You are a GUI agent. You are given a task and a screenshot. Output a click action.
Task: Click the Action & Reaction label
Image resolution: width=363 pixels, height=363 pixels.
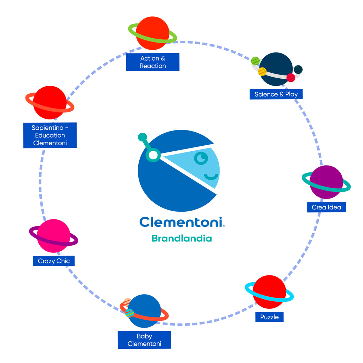pyautogui.click(x=152, y=62)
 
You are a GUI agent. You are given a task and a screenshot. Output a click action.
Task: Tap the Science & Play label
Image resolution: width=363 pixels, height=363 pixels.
pyautogui.click(x=276, y=94)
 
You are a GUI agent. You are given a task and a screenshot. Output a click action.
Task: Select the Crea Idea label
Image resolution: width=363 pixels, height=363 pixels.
pyautogui.click(x=326, y=207)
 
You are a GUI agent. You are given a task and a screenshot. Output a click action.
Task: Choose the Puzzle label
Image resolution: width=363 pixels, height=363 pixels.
pyautogui.click(x=269, y=317)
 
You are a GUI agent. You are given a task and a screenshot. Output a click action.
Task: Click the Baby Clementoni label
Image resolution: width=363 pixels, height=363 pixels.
pyautogui.click(x=144, y=340)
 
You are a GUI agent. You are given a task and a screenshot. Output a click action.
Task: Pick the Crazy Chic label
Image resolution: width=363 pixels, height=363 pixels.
pyautogui.click(x=54, y=261)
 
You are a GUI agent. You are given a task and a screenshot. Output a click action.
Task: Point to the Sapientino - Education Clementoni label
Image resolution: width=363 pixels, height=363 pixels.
pyautogui.click(x=50, y=135)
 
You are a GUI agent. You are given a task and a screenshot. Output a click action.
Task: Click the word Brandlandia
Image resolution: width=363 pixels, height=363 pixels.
pyautogui.click(x=181, y=238)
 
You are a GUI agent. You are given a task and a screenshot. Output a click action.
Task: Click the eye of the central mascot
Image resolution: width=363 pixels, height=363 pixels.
pyautogui.click(x=201, y=158)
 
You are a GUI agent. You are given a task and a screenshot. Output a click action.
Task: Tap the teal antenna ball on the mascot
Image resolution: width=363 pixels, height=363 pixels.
pyautogui.click(x=142, y=136)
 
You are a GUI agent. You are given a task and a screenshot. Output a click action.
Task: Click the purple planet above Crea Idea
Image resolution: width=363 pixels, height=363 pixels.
pyautogui.click(x=326, y=181)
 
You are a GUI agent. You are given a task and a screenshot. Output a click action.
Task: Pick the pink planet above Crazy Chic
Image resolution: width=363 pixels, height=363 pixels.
pyautogui.click(x=54, y=236)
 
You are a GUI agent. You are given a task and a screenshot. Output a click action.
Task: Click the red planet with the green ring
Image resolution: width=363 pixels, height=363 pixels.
pyautogui.click(x=152, y=33)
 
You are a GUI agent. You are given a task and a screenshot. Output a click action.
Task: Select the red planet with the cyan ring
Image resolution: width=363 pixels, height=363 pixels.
pyautogui.click(x=269, y=292)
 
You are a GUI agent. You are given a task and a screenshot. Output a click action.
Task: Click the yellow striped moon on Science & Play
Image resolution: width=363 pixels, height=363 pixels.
pyautogui.click(x=262, y=72)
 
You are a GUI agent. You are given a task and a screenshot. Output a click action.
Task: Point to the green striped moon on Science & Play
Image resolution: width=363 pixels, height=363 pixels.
pyautogui.click(x=255, y=61)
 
